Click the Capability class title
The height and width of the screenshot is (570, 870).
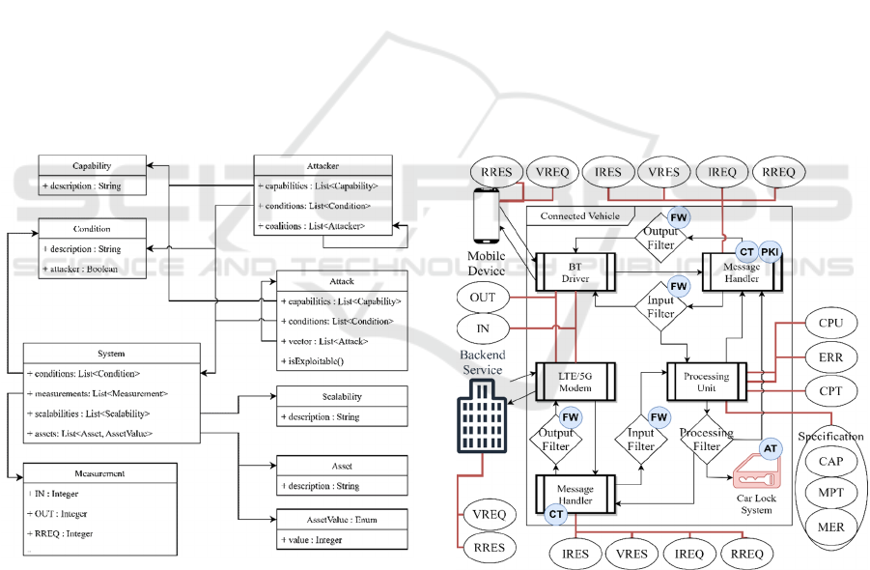point(93,166)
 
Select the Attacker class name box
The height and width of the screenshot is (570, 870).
point(323,166)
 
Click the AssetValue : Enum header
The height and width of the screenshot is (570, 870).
point(342,520)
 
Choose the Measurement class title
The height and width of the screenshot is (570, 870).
point(99,473)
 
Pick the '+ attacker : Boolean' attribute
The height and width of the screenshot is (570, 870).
point(81,269)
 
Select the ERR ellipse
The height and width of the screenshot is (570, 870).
point(830,357)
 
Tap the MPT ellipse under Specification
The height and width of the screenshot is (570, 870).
point(830,496)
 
